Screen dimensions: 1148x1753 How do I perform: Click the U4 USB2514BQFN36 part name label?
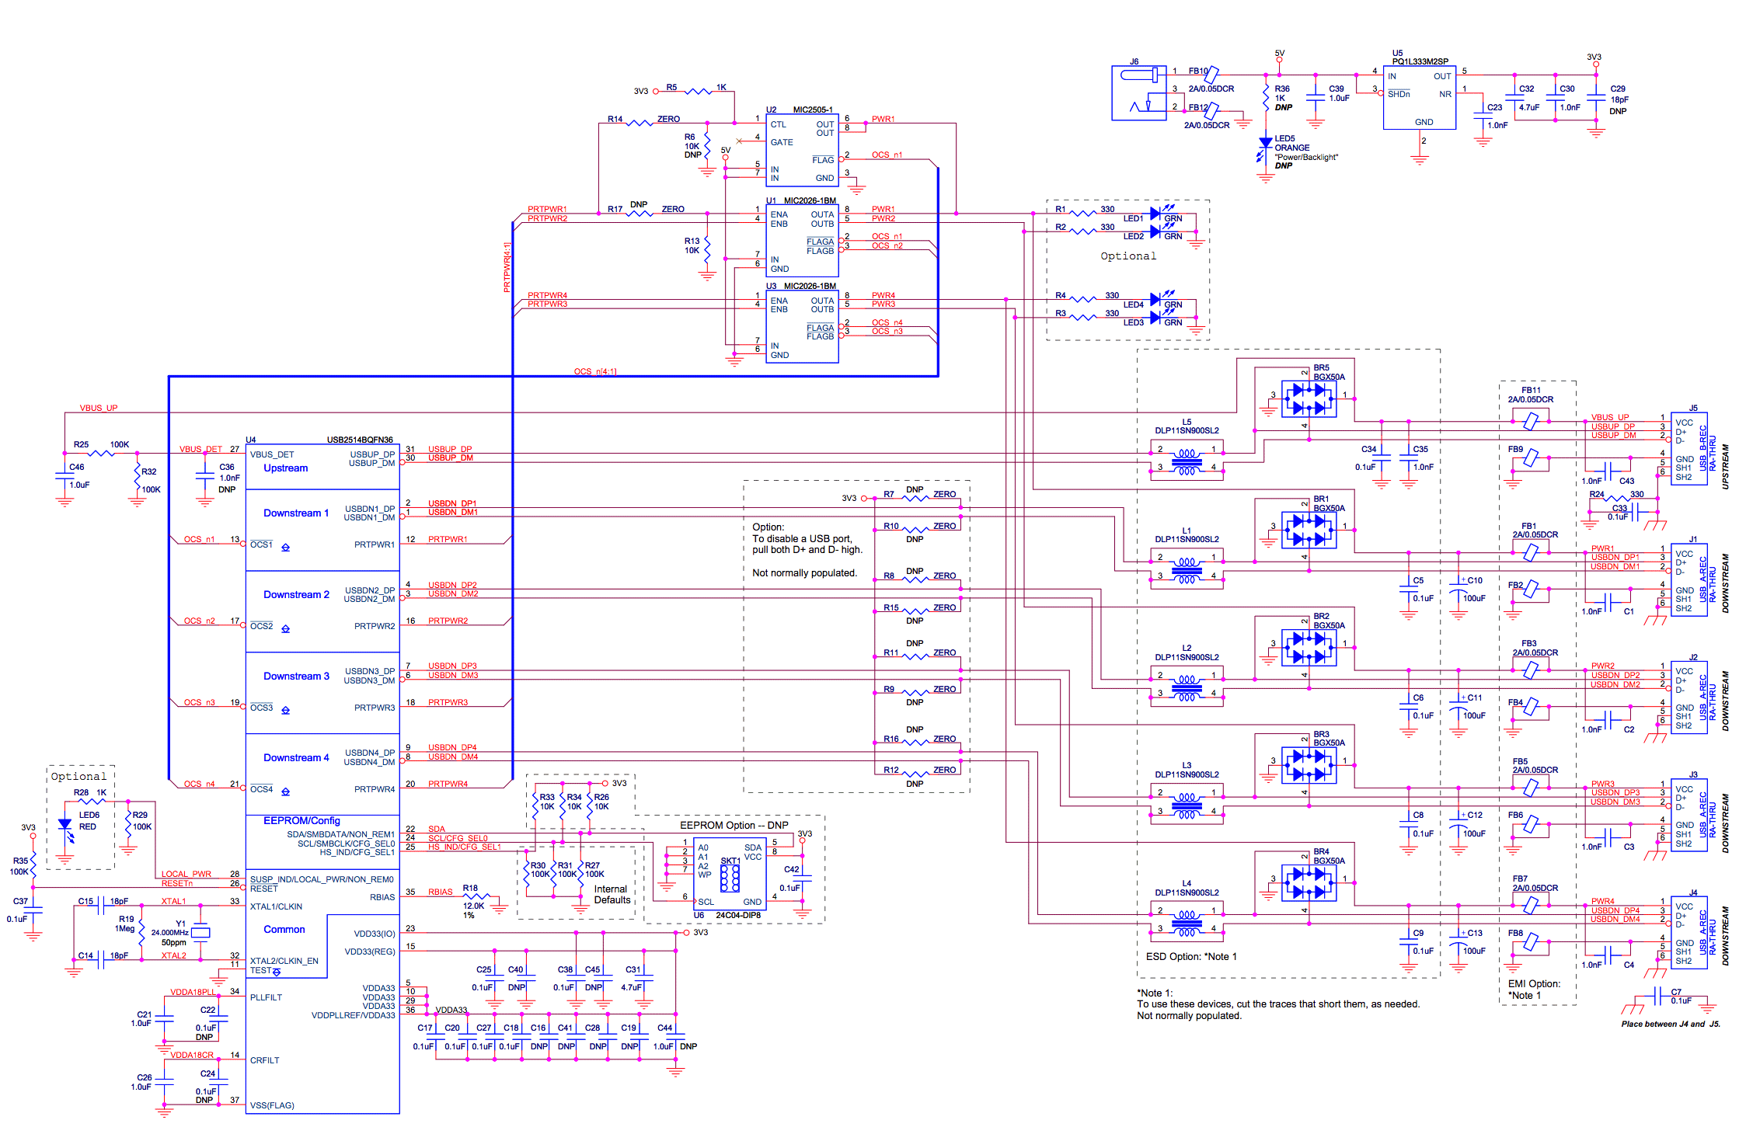pos(359,440)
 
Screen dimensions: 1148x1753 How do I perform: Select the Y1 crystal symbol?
pos(200,932)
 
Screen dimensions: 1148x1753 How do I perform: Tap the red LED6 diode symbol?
pos(64,825)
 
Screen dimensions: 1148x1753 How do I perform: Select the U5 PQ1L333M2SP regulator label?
pos(1420,61)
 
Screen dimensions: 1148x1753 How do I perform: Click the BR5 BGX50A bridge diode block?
pos(1309,399)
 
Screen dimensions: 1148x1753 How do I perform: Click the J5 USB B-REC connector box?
pos(1689,449)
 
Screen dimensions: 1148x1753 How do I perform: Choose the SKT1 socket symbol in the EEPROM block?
pos(730,878)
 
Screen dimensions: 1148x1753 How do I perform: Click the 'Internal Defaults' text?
pos(612,895)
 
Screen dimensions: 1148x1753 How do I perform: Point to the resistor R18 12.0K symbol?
pos(476,897)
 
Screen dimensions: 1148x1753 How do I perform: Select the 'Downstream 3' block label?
pos(296,677)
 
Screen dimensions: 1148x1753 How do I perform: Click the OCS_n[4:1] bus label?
pos(594,371)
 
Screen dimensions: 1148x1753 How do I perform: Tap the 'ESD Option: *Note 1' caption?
pos(1190,956)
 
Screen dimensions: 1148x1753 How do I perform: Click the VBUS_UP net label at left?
pos(99,408)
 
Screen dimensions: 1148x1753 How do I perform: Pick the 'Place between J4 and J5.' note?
pos(1670,1024)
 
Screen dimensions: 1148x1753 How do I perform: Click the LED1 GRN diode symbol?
pos(1155,212)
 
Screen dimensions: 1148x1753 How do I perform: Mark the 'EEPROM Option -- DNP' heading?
pos(734,825)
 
